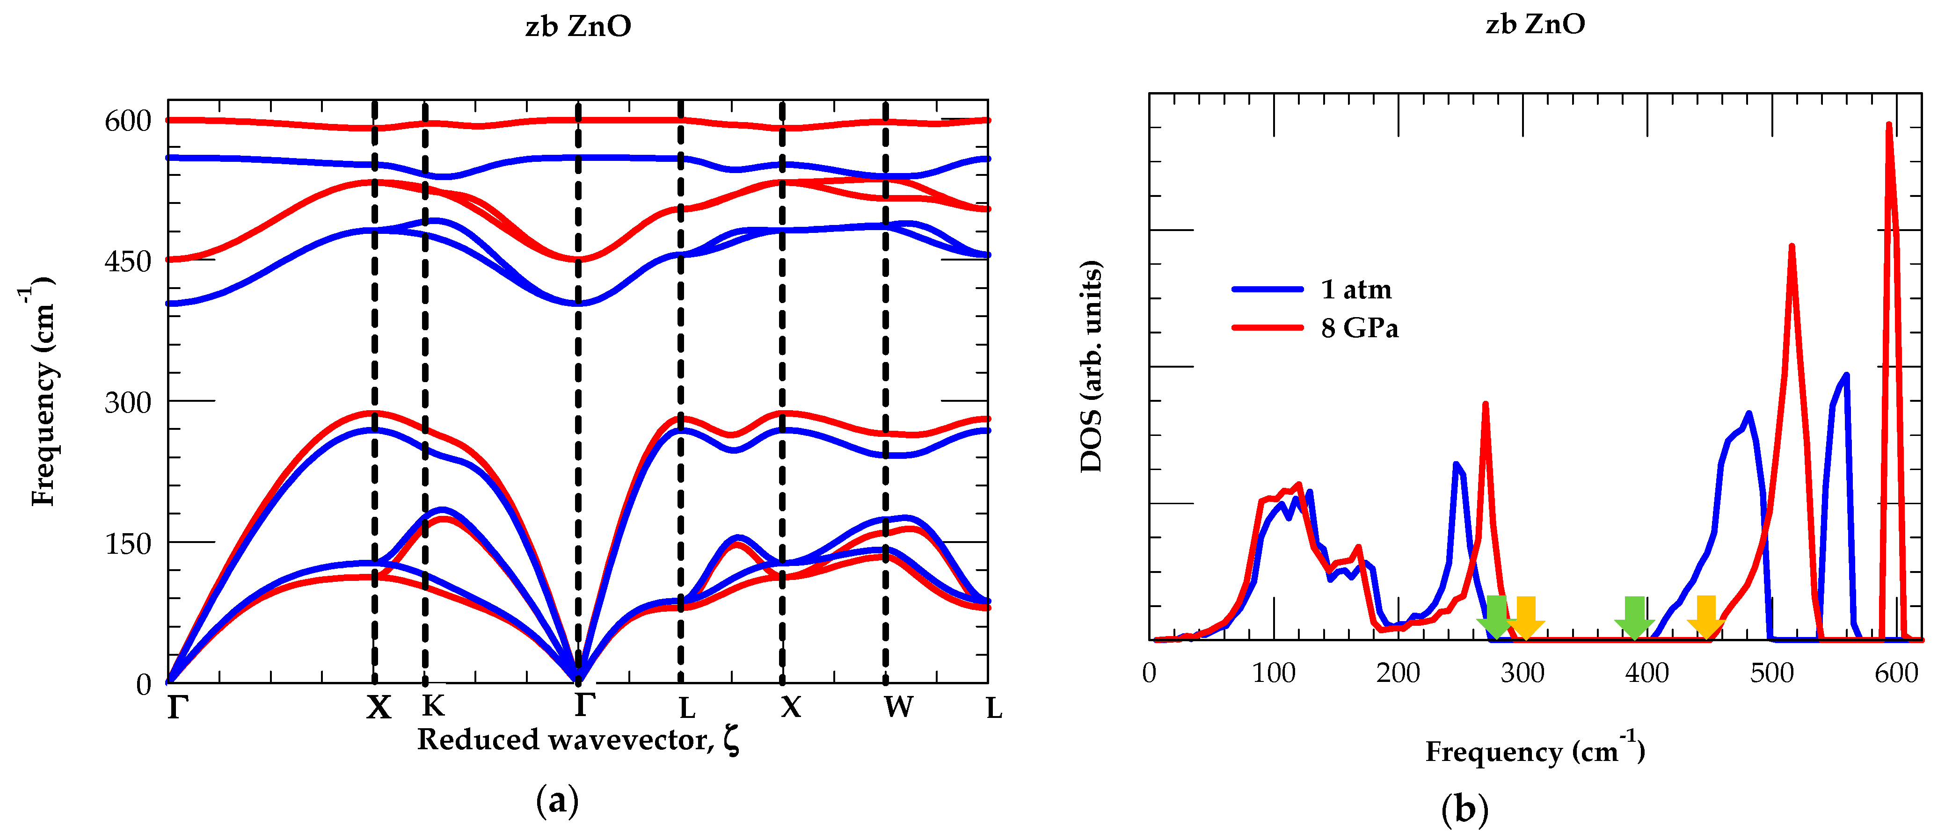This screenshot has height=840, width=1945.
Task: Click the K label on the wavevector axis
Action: tap(433, 706)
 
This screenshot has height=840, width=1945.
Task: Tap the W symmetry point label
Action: tap(898, 707)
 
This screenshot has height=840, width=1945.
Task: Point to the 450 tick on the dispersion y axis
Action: tap(128, 262)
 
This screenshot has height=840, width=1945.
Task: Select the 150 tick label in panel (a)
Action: tap(128, 543)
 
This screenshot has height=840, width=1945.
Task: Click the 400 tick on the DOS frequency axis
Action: tap(1647, 673)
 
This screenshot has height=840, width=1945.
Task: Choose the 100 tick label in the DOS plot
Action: tap(1274, 673)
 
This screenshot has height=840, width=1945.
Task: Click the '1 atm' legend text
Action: tap(1356, 289)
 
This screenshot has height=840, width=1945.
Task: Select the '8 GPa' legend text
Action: tap(1359, 328)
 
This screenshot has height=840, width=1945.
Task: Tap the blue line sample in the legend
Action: tap(1267, 289)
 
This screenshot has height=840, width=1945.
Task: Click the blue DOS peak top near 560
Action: tap(1846, 375)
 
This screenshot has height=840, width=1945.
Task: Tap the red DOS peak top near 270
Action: tap(1485, 405)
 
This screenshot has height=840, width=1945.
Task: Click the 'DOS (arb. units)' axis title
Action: tap(1091, 367)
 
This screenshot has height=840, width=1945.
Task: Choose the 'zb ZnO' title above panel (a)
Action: tap(578, 26)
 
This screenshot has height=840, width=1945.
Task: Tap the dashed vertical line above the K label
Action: tap(425, 377)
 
